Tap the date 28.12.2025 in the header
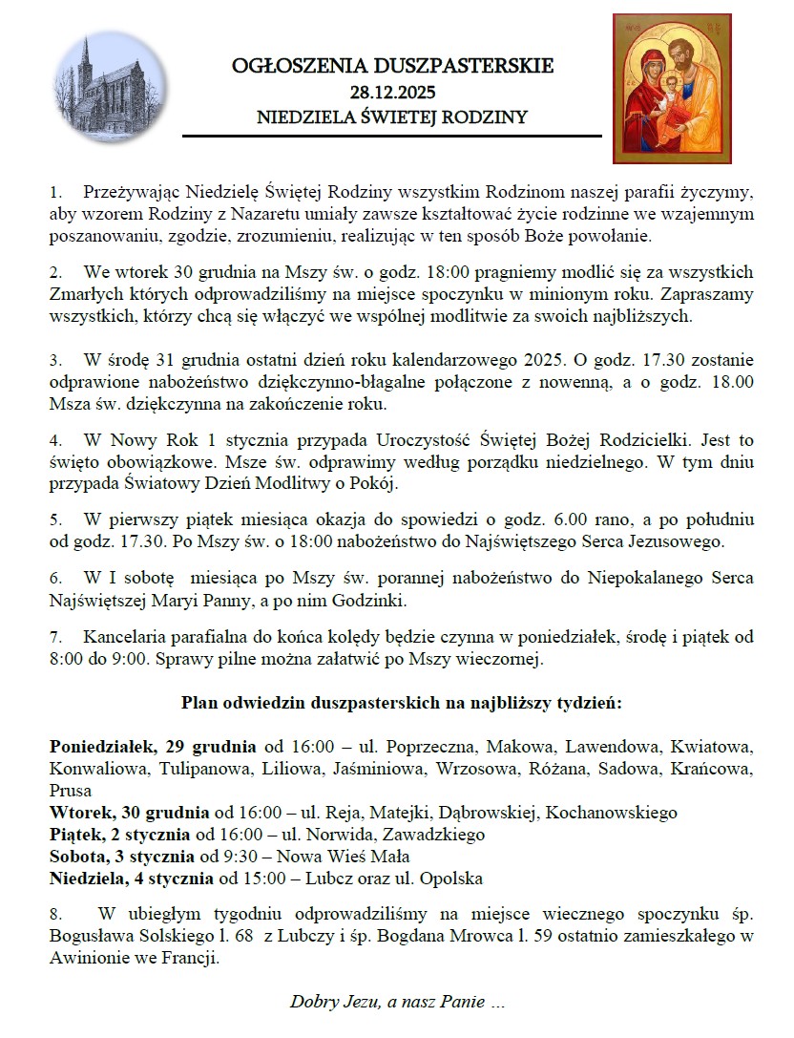click(x=392, y=93)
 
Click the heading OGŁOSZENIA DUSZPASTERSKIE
click(x=392, y=67)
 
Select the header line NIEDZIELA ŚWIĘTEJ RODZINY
click(x=392, y=117)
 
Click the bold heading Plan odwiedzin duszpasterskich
click(x=401, y=704)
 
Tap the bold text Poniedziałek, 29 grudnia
click(x=152, y=746)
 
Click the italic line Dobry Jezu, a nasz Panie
click(x=397, y=1003)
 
